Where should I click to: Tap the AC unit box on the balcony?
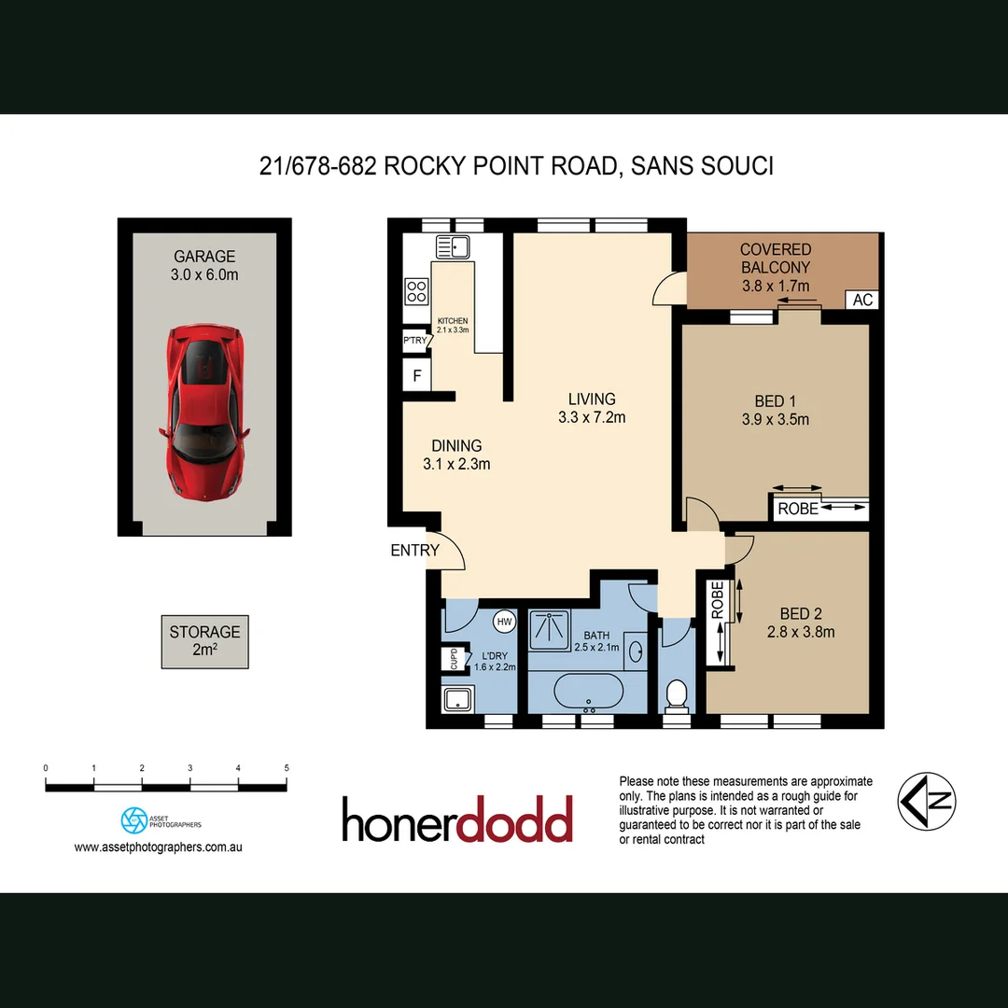(862, 300)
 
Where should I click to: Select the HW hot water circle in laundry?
(504, 622)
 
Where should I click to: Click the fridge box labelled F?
(416, 377)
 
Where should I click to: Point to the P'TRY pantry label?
(415, 341)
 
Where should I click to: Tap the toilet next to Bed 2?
(677, 693)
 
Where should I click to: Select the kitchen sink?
(455, 247)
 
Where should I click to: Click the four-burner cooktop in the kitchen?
(416, 291)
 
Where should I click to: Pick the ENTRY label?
(414, 551)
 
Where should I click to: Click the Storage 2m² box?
(204, 641)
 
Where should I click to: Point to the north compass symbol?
(927, 801)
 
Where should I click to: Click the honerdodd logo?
(456, 820)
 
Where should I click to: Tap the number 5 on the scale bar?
(287, 767)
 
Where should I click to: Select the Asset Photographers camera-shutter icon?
(133, 820)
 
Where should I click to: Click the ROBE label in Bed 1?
(798, 510)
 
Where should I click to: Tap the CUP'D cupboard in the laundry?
(455, 658)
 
